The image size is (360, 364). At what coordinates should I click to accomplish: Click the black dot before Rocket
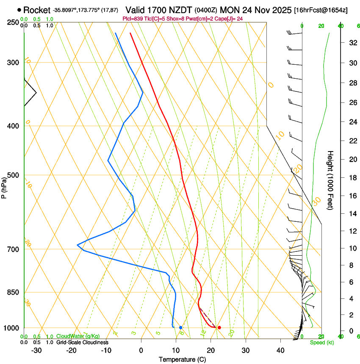(x=19, y=10)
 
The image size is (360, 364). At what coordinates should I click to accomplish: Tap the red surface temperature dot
(x=219, y=328)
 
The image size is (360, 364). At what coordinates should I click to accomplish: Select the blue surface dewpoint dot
(x=181, y=328)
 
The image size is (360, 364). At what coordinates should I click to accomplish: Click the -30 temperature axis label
(x=36, y=350)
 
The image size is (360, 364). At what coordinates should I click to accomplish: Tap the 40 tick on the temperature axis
(x=280, y=350)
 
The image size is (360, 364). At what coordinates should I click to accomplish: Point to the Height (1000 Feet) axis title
(x=330, y=180)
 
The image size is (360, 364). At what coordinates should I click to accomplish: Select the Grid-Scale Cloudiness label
(x=82, y=342)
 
